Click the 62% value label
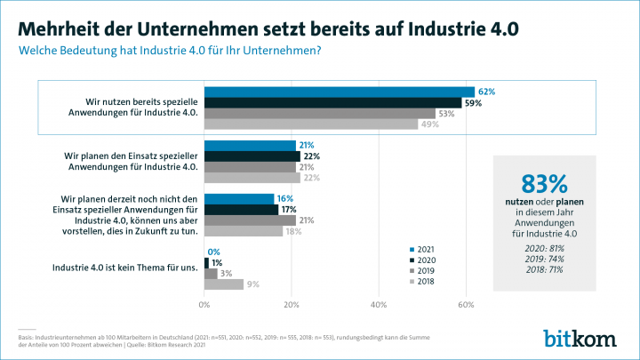tap(486, 92)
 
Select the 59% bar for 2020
tap(333, 102)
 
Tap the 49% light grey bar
tap(311, 124)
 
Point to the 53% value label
tap(447, 113)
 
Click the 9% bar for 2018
tap(224, 284)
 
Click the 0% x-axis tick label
tap(204, 306)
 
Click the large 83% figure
tap(544, 184)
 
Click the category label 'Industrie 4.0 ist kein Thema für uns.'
tap(125, 268)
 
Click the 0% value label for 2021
tap(214, 252)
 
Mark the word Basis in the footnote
tap(28, 337)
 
